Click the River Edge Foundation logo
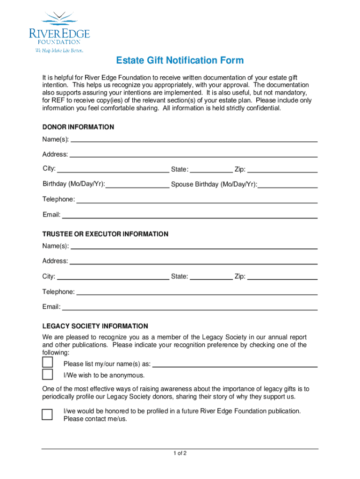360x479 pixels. click(59, 32)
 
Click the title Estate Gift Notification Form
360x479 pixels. click(180, 61)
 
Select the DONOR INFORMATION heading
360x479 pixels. click(78, 127)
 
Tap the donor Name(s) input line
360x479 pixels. click(194, 140)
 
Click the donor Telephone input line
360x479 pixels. click(197, 202)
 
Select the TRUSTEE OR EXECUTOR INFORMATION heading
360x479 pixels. click(105, 234)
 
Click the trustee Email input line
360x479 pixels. click(190, 309)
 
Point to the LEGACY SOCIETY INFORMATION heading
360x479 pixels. click(95, 326)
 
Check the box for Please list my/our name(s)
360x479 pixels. click(47, 363)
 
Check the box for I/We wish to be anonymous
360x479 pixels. click(47, 374)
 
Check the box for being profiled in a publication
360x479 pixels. click(47, 414)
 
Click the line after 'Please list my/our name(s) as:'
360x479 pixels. click(235, 366)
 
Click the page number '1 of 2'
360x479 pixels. click(180, 453)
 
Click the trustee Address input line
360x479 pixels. click(194, 263)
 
